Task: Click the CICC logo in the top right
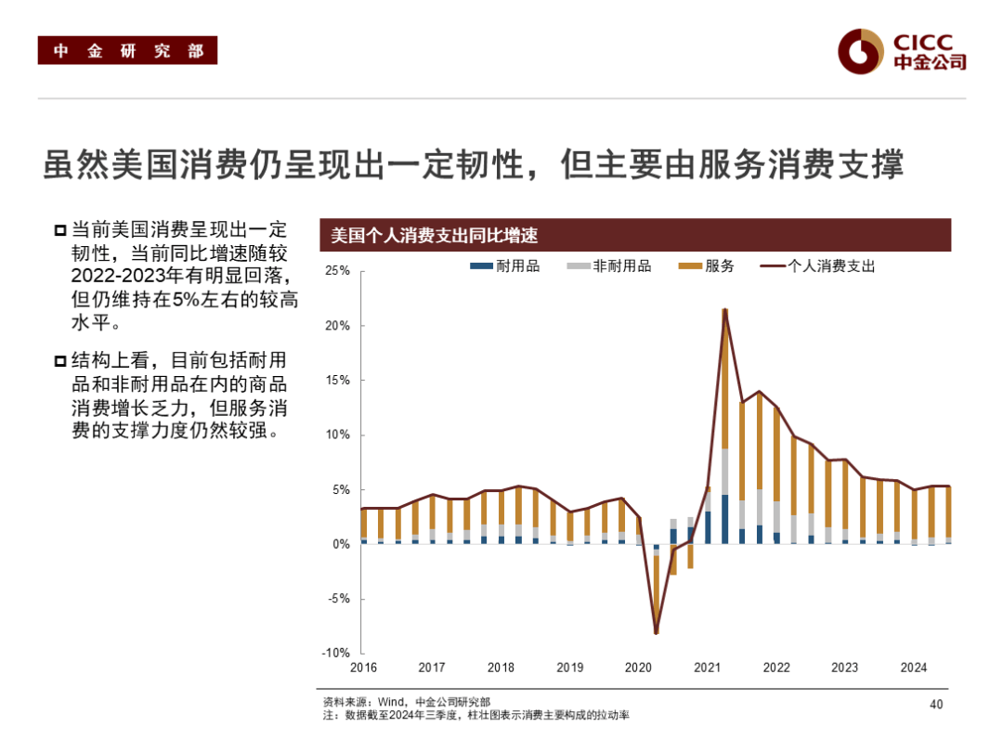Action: [902, 51]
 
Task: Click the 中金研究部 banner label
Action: [127, 51]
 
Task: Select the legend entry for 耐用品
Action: [506, 266]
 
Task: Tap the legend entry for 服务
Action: [708, 266]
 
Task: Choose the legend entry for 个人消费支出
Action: [818, 266]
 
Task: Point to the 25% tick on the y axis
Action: [337, 271]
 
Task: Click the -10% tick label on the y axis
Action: [335, 654]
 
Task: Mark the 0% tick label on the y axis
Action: [340, 545]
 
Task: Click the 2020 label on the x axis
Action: [638, 668]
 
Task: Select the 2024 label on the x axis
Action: [914, 668]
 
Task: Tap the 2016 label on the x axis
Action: [363, 668]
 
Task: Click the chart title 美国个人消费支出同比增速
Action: [435, 236]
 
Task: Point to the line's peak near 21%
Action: [724, 309]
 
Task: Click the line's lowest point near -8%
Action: [656, 633]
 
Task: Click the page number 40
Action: [936, 705]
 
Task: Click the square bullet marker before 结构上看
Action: [59, 361]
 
